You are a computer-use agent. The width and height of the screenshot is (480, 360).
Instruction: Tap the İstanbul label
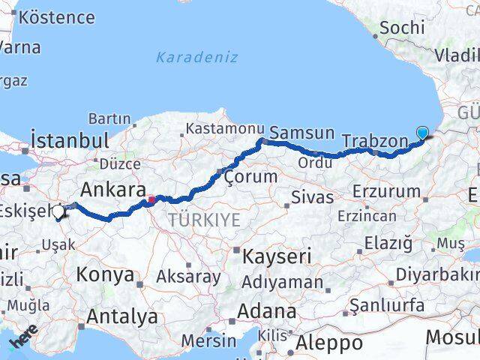pos(70,140)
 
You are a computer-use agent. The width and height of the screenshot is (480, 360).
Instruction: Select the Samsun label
pos(301,133)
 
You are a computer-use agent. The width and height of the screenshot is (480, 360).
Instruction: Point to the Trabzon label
pos(374,140)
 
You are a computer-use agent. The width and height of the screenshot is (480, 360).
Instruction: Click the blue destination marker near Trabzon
pos(422,133)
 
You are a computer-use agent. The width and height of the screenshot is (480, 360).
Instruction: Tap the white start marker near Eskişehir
pos(58,212)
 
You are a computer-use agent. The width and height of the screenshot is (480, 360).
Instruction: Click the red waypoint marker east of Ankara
pos(151,199)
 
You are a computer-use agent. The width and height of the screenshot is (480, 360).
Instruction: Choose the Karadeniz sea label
pos(197,57)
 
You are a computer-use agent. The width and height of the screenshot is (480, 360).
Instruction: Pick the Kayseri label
pos(277,256)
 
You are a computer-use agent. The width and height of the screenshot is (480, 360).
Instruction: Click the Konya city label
pos(105,275)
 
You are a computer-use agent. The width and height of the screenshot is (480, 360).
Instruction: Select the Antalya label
pos(122,316)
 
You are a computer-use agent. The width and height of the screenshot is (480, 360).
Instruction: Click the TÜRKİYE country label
pos(204,220)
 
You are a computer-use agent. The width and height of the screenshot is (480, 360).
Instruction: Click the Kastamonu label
pos(225,129)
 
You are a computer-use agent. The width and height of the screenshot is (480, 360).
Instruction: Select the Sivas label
pos(310,198)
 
